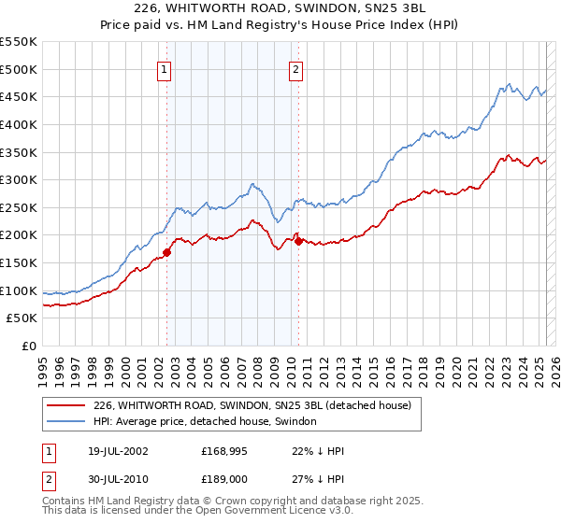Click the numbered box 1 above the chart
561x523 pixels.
pyautogui.click(x=164, y=68)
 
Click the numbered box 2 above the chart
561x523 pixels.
pyautogui.click(x=295, y=68)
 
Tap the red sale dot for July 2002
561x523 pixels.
pyautogui.click(x=167, y=251)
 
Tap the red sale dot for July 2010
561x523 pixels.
pyautogui.click(x=298, y=240)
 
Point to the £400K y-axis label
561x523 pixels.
pyautogui.click(x=19, y=124)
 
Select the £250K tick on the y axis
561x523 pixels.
pyautogui.click(x=19, y=207)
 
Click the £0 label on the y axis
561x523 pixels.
pyautogui.click(x=29, y=346)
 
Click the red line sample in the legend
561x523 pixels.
pyautogui.click(x=65, y=405)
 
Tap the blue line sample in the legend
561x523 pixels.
pyautogui.click(x=65, y=422)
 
